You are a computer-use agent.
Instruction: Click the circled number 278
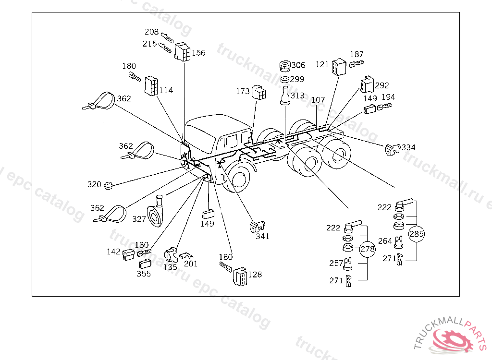coord(368,249)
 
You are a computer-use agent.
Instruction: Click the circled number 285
coord(417,234)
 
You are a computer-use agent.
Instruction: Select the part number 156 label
coord(198,53)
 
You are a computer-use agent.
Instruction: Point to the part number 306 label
coord(298,65)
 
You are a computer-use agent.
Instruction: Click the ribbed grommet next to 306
coord(284,65)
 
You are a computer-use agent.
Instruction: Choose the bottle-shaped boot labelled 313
coord(285,96)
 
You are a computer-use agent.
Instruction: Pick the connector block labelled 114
coord(151,85)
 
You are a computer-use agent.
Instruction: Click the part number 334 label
coord(409,147)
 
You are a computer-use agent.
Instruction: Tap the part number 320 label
coord(94,184)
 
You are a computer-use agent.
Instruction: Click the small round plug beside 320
coord(109,184)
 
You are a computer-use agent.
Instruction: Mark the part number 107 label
coord(318,100)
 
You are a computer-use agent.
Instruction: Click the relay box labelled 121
coord(339,66)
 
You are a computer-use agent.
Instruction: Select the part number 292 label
coord(382,85)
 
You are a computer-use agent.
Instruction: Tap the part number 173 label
coord(243,91)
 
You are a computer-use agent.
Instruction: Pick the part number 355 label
coord(143,274)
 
